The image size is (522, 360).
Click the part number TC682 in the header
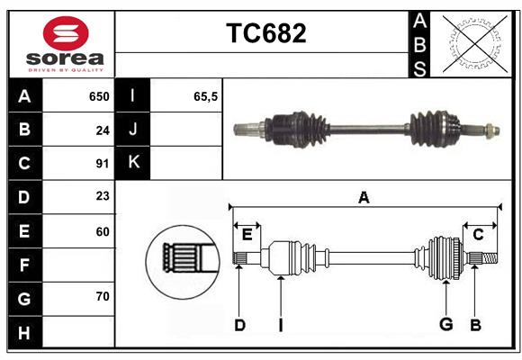pos(265,33)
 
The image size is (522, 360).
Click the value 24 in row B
pos(102,130)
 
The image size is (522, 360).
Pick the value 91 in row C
pos(102,164)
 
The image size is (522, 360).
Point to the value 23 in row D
pos(102,197)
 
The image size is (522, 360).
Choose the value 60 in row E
pos(102,231)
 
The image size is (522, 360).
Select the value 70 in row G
pos(102,296)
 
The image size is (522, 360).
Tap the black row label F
pos(24,265)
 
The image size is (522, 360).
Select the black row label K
pos(133,163)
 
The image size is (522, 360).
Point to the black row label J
pos(133,130)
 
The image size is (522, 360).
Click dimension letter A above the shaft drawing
pos(364,198)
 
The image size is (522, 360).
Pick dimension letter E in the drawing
pos(247,234)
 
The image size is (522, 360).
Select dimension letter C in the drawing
pos(479,234)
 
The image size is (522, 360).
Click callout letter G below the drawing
pos(445,325)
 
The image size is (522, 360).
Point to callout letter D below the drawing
pos(239,325)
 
